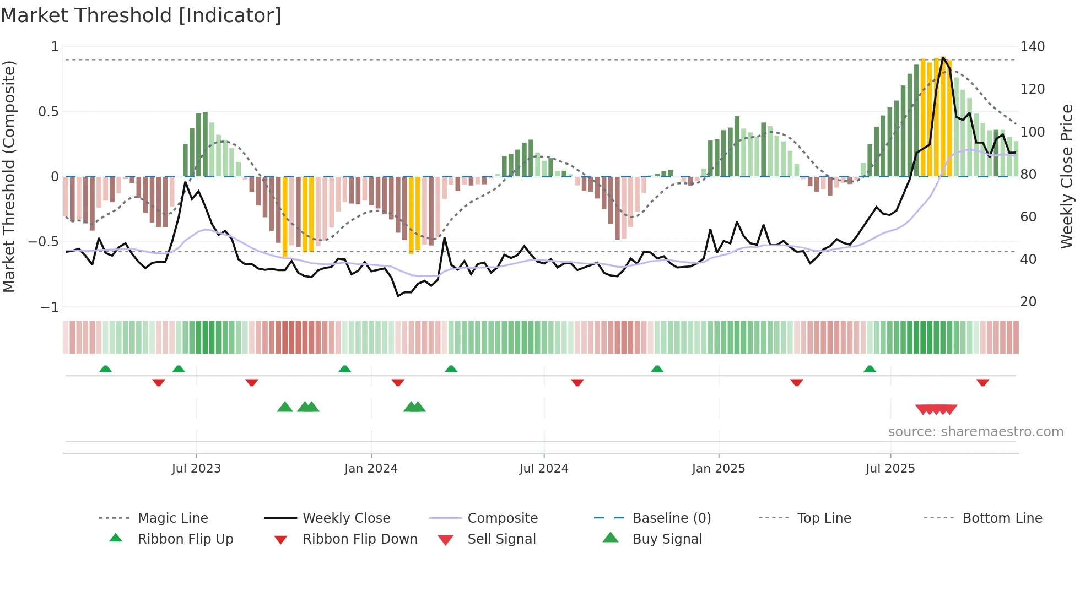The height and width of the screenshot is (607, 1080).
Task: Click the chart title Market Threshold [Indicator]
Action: pos(141,15)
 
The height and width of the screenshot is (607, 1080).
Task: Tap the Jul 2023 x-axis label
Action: pos(196,469)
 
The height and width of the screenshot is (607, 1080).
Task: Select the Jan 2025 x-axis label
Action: pos(718,469)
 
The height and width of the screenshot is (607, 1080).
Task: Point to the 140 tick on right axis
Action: pos(1032,47)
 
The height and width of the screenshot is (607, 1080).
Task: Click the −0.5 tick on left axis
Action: pos(43,242)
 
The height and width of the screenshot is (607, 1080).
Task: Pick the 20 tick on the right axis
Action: pos(1028,302)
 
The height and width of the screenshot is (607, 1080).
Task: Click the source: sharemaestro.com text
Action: pos(975,432)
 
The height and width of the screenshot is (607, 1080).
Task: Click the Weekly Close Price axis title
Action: pos(1067,176)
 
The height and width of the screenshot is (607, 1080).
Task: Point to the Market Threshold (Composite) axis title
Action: pos(9,176)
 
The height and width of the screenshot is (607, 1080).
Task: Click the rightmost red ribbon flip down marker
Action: pos(982,382)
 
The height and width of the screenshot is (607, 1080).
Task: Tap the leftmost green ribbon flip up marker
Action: pos(105,369)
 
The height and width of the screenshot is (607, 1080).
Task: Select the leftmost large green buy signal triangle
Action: pos(285,407)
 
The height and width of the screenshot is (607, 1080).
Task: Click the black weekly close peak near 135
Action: pos(943,57)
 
